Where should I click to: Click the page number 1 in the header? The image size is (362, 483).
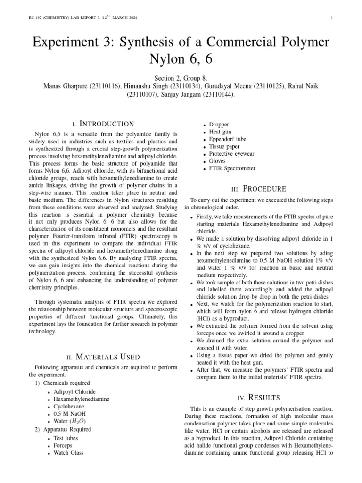click(332, 18)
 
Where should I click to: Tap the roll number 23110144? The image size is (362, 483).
click(218, 94)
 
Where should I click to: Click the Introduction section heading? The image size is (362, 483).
click(103, 124)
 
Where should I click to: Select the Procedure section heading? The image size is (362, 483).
click(259, 189)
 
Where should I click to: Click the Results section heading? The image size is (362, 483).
click(259, 397)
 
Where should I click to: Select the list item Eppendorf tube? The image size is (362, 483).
click(228, 140)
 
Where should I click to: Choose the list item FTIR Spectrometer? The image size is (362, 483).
click(232, 168)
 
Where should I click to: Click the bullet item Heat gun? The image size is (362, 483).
click(220, 132)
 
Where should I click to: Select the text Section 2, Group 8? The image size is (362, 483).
click(181, 78)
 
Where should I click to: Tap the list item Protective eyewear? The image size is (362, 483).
click(231, 154)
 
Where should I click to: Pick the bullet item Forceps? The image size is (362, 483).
click(63, 445)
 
